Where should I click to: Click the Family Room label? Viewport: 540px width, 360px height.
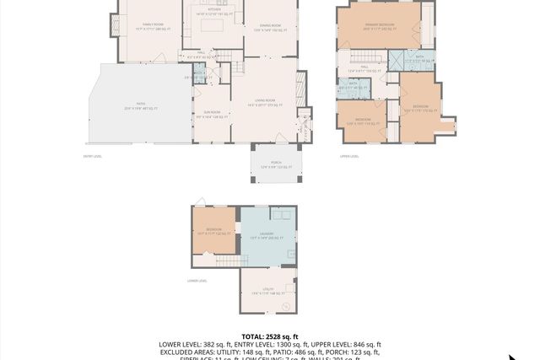[153, 27]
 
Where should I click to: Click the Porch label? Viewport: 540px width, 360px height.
[276, 166]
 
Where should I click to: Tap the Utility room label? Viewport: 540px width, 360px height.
[267, 292]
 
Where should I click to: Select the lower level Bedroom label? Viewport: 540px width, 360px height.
[213, 231]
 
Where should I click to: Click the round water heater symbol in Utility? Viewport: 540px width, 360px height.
[287, 305]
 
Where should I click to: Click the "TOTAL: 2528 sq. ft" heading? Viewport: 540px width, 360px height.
[269, 336]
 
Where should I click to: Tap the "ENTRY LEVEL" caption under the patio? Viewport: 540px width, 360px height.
[93, 156]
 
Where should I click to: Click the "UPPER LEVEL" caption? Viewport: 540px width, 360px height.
[349, 156]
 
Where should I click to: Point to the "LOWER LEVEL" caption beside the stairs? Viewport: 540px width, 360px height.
[197, 281]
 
